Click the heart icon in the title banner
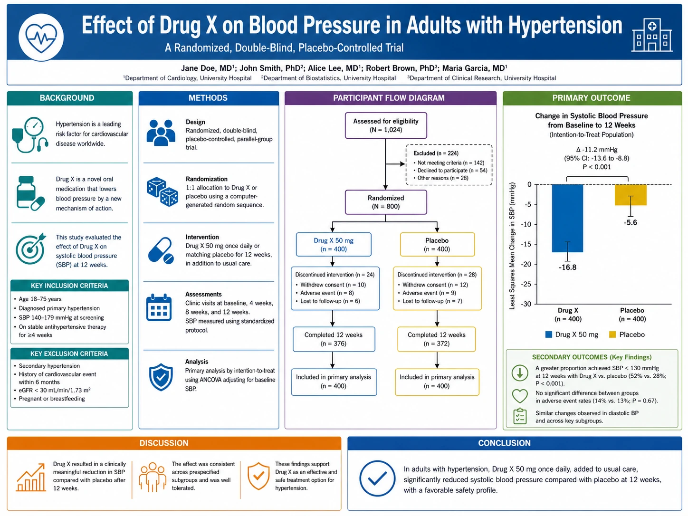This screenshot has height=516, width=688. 41,37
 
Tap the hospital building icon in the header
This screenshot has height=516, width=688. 651,35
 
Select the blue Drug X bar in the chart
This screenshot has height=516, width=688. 567,218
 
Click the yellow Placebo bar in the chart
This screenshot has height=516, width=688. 631,195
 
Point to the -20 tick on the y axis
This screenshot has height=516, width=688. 526,264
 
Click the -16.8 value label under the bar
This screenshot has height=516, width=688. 567,267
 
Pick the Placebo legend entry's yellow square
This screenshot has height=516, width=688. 612,334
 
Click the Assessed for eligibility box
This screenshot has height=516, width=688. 385,125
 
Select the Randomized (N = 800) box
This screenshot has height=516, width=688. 385,202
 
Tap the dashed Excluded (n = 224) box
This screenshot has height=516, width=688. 449,165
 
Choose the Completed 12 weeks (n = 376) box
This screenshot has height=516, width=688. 334,339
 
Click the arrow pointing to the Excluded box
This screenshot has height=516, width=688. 395,164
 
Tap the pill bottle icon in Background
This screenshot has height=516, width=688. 30,193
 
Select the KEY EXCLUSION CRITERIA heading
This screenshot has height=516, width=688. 69,354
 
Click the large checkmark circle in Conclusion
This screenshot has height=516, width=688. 377,478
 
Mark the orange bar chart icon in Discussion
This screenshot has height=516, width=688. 31,478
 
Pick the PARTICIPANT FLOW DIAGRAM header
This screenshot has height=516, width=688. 389,98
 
